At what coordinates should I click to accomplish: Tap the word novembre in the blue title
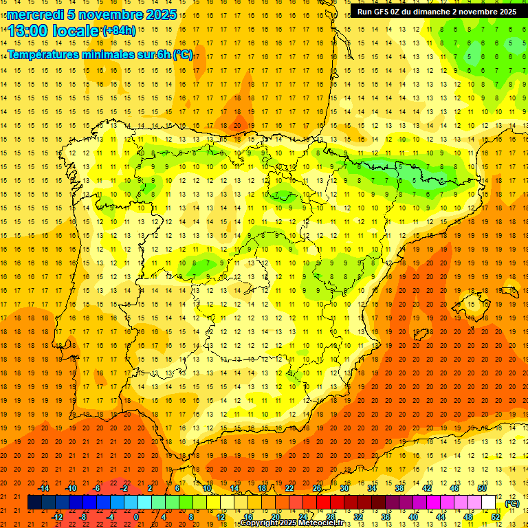[111, 14]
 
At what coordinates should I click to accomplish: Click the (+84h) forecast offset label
[119, 30]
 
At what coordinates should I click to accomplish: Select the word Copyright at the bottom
[259, 523]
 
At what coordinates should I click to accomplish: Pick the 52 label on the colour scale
[496, 516]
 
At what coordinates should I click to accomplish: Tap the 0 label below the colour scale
[135, 516]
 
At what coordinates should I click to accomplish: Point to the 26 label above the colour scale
[317, 488]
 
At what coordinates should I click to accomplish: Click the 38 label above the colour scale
[399, 488]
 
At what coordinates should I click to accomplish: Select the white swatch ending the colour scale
[489, 503]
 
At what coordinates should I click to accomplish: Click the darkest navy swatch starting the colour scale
[34, 503]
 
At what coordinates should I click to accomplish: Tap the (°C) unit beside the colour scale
[512, 503]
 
